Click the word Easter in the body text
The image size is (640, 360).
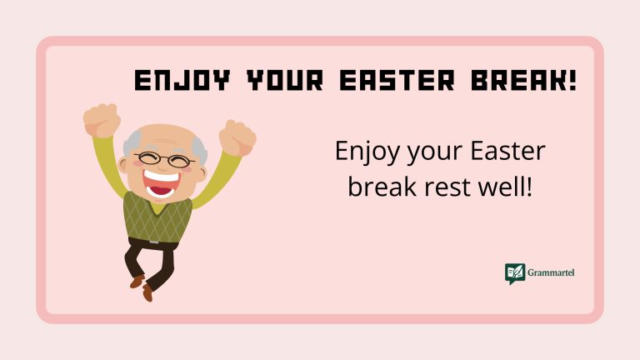[x=508, y=152]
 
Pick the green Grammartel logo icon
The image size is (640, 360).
[x=515, y=274]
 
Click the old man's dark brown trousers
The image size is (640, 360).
[x=151, y=257]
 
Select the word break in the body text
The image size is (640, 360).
[x=379, y=186]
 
